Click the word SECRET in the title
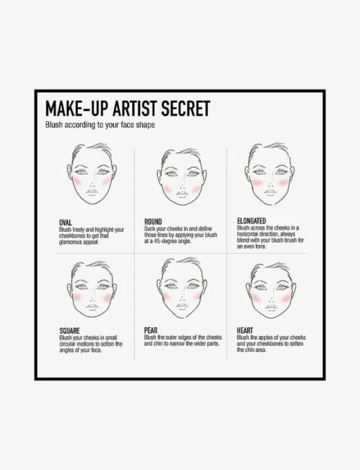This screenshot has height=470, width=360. (186, 108)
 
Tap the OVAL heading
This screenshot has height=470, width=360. (65, 223)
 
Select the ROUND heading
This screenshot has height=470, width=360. (153, 222)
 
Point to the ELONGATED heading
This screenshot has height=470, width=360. (252, 221)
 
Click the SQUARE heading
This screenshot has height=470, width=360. (70, 331)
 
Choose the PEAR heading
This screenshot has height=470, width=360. (151, 331)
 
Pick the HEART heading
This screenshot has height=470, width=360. (245, 331)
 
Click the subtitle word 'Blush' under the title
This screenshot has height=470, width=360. (54, 125)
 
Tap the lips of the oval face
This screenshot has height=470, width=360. (92, 192)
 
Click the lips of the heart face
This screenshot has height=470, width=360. (271, 308)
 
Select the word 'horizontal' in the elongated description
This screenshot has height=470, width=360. (248, 234)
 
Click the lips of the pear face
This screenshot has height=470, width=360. (182, 306)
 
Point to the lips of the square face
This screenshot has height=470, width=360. (92, 307)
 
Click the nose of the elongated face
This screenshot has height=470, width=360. (270, 184)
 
